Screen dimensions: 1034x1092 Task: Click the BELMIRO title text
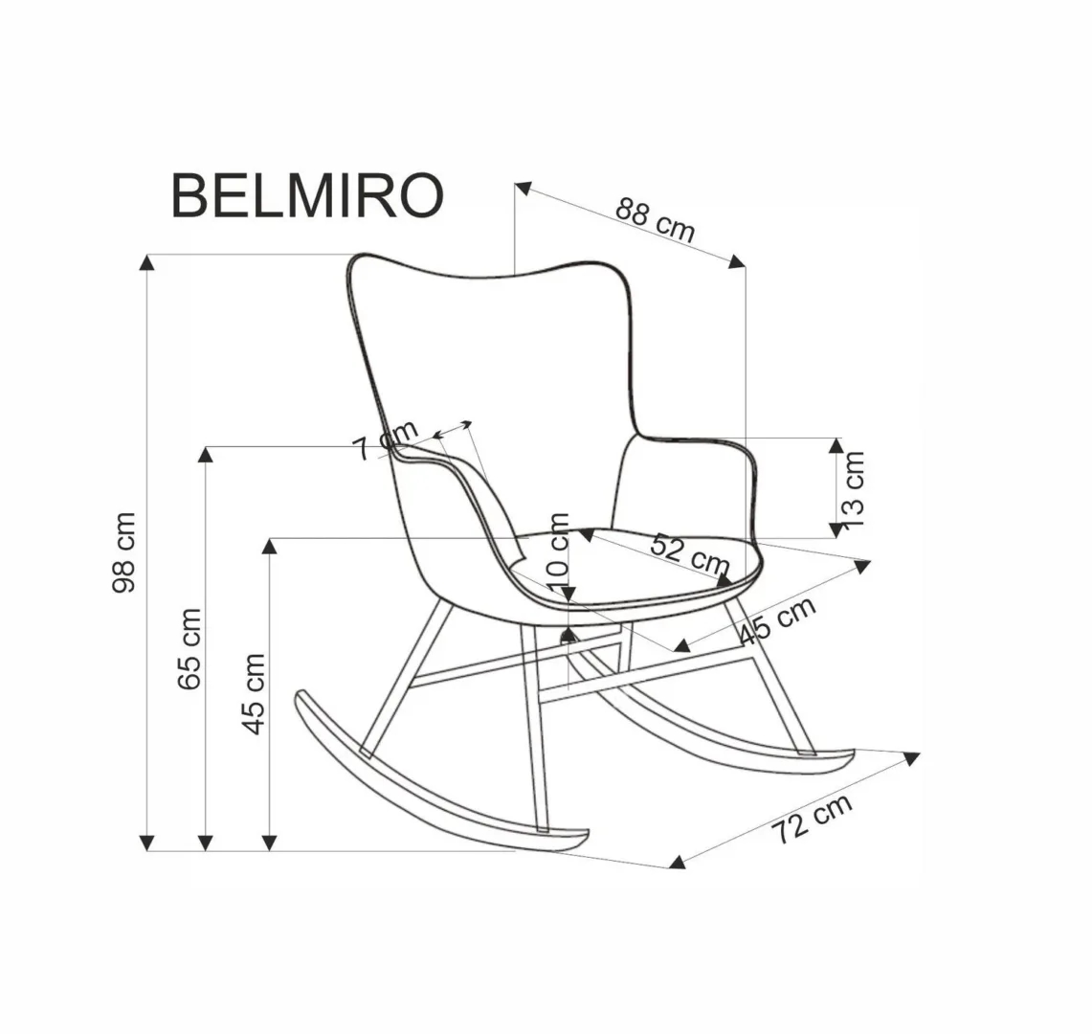click(x=307, y=196)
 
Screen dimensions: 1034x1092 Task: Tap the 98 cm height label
click(x=125, y=552)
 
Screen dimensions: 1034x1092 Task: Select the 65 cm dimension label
click(x=189, y=648)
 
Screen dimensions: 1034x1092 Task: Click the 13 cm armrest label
click(x=854, y=489)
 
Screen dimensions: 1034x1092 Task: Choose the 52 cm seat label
click(x=689, y=554)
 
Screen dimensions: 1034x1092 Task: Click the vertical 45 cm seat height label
click(x=254, y=693)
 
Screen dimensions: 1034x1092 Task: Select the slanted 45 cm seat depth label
click(x=777, y=620)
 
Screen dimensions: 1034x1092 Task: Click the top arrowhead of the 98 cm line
click(x=146, y=261)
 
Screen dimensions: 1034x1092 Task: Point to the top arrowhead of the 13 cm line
click(x=836, y=444)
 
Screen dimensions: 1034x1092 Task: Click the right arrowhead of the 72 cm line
click(x=912, y=758)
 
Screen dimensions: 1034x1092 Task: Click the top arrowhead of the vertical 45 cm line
click(x=272, y=546)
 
